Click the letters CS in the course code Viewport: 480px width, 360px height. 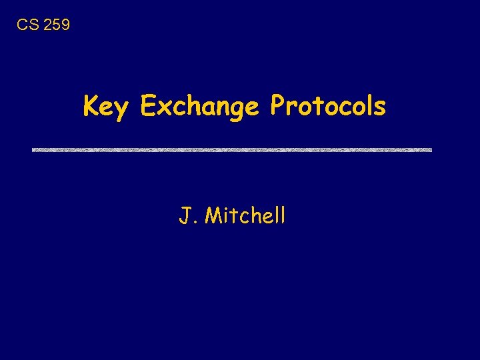click(x=27, y=25)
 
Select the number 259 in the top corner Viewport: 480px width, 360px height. click(x=55, y=25)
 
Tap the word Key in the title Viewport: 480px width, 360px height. click(x=107, y=107)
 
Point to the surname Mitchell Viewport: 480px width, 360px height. click(x=245, y=215)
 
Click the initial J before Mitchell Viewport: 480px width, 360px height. click(x=185, y=216)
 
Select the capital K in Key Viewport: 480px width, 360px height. click(x=91, y=105)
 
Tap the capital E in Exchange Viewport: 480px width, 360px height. click(x=148, y=105)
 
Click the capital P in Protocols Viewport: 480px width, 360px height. click(x=277, y=105)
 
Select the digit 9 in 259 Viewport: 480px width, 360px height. click(x=65, y=25)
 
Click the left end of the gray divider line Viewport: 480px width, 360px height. click(x=34, y=150)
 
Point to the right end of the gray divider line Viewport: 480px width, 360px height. click(x=430, y=150)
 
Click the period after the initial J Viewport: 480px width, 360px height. click(x=194, y=223)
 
